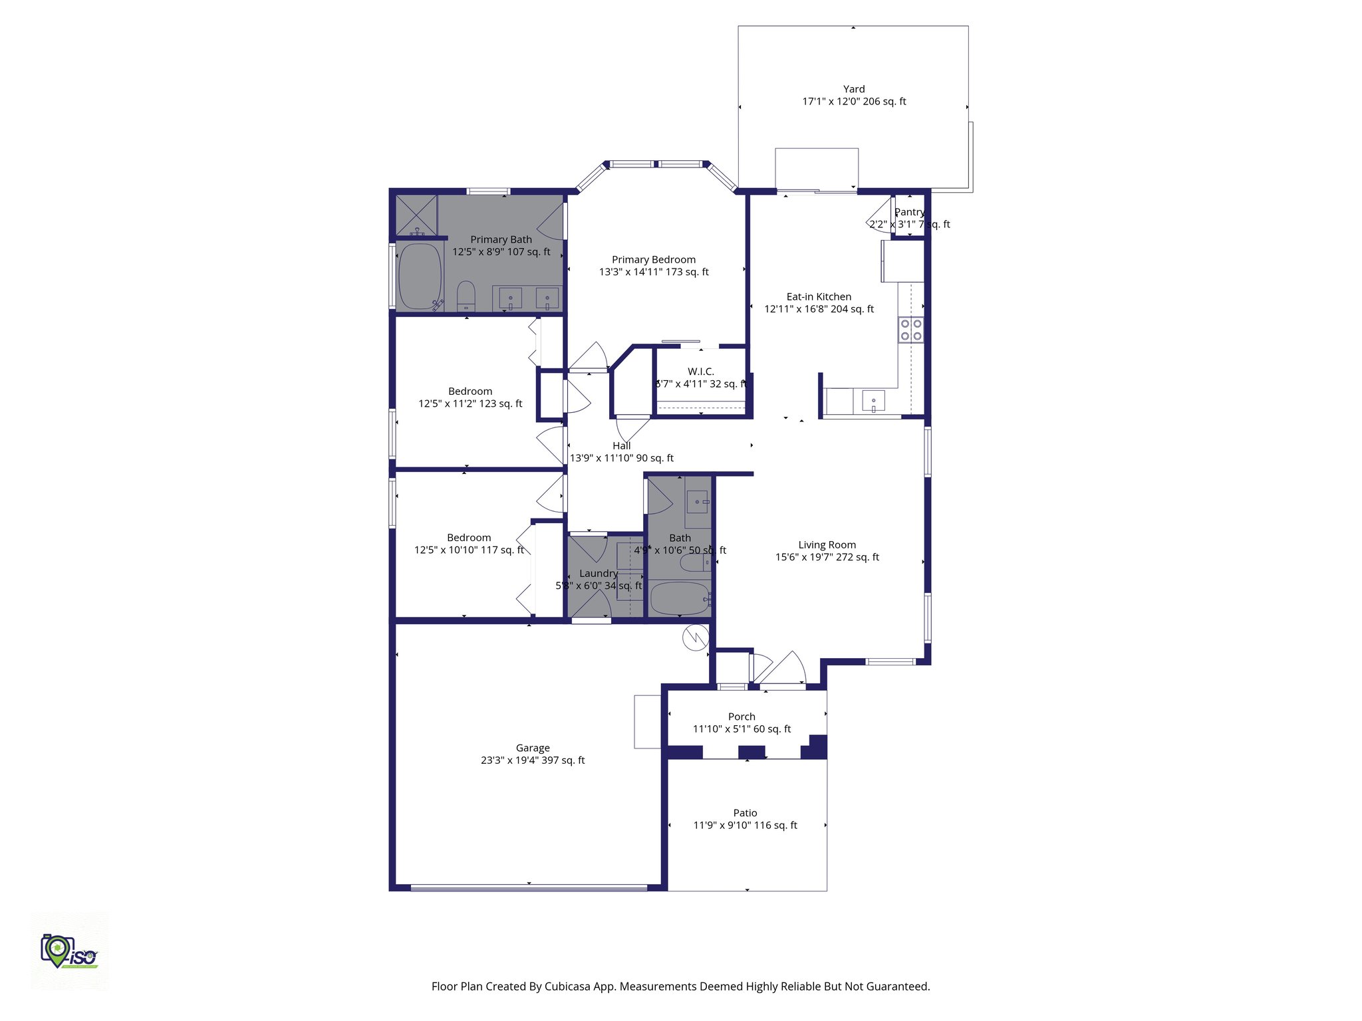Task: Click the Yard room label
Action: click(x=854, y=89)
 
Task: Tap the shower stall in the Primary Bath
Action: click(x=416, y=215)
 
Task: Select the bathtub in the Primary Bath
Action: click(x=420, y=277)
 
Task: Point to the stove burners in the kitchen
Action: click(x=910, y=330)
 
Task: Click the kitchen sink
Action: click(x=873, y=401)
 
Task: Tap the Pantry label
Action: click(x=908, y=212)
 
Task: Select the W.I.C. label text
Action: click(x=701, y=372)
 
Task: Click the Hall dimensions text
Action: click(x=621, y=458)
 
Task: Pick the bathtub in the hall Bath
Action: click(x=679, y=598)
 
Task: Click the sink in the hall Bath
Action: click(x=698, y=501)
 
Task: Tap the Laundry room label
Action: click(x=599, y=573)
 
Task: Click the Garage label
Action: click(x=533, y=748)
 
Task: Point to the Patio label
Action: click(x=745, y=813)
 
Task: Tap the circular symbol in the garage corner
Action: click(x=696, y=638)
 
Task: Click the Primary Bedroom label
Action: click(x=654, y=260)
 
